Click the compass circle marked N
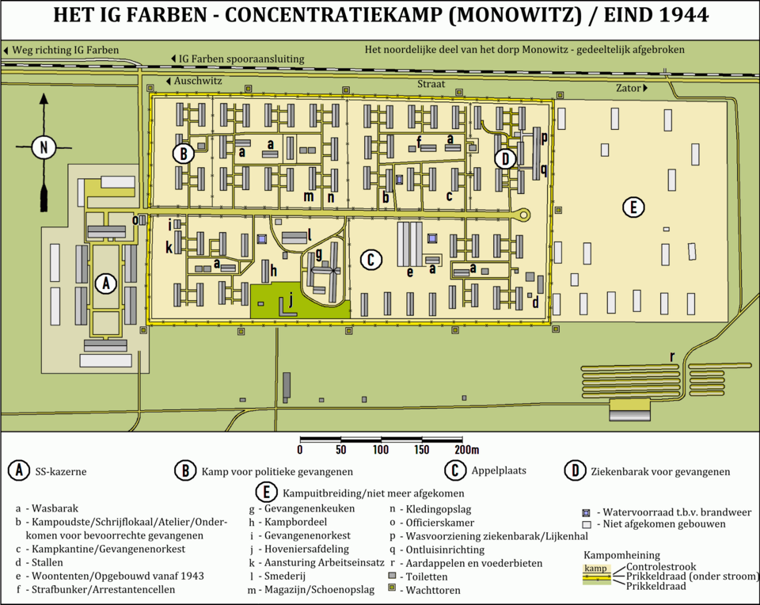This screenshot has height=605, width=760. (44, 146)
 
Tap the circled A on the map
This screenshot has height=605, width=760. (104, 283)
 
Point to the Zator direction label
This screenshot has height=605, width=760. (631, 88)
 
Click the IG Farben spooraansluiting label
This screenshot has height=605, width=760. (246, 59)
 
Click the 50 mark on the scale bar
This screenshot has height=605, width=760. (340, 450)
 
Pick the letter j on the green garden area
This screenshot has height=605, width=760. (291, 300)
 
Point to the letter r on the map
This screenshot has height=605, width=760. (672, 356)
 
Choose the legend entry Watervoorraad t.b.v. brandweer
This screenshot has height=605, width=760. (674, 512)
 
